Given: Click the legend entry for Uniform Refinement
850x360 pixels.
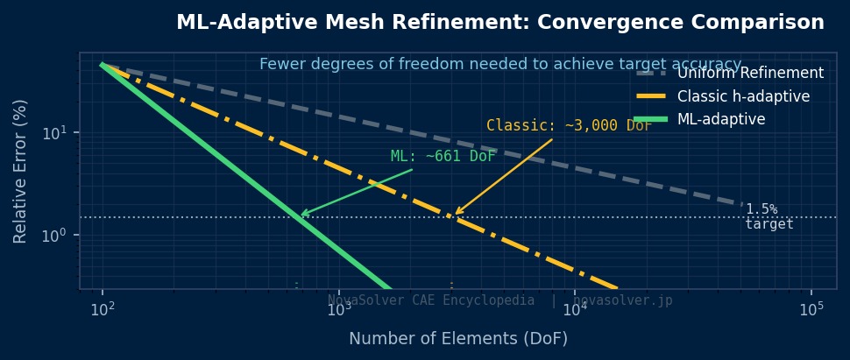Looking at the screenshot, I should point(750,74).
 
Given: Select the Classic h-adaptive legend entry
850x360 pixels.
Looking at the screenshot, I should point(743,96).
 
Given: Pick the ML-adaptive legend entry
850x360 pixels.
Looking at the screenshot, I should point(721,119).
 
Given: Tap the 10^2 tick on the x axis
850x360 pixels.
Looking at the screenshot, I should point(103,309).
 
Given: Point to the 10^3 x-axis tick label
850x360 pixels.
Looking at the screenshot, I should point(338,309).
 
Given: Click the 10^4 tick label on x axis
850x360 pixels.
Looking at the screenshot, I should point(575,309).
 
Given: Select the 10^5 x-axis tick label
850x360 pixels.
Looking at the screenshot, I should point(811,309).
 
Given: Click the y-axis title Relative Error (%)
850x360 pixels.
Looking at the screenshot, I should point(20,171).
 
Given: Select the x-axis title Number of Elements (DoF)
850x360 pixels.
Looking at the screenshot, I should point(458,338).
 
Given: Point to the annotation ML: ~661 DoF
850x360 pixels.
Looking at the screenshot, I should point(443,157).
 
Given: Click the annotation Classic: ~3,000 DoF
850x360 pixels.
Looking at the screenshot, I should point(570,125).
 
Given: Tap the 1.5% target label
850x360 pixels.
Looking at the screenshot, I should point(769,216).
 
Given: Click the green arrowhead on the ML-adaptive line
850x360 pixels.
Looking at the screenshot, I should point(302,214).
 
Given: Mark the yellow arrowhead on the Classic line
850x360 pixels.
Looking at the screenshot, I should point(456,213).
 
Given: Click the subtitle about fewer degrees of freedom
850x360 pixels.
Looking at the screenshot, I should point(500,64).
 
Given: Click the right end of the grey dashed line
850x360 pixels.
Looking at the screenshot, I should point(741,204).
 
